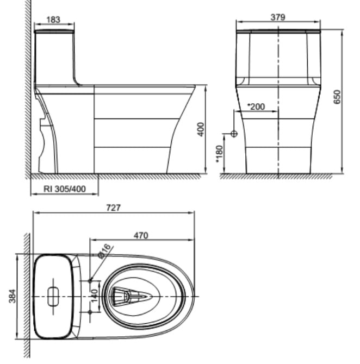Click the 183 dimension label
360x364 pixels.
point(53,19)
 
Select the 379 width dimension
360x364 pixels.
point(278,17)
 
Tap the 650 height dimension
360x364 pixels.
point(337,97)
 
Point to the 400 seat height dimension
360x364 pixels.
point(201,129)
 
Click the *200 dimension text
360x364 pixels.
point(256,106)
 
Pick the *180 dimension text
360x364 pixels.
point(219,154)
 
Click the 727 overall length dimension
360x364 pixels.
point(113,208)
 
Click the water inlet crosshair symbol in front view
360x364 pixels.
point(234,134)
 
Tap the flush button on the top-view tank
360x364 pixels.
point(53,296)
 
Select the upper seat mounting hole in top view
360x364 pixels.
point(90,280)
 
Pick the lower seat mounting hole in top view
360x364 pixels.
point(90,312)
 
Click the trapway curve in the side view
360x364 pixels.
point(47,136)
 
